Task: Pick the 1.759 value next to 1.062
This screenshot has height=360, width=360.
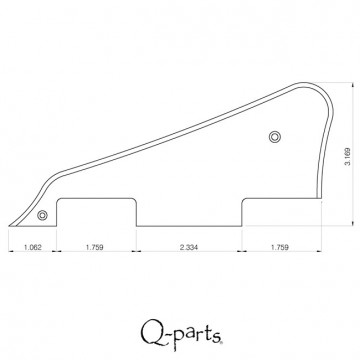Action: click(95, 245)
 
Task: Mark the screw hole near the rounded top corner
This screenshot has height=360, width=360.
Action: click(276, 136)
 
